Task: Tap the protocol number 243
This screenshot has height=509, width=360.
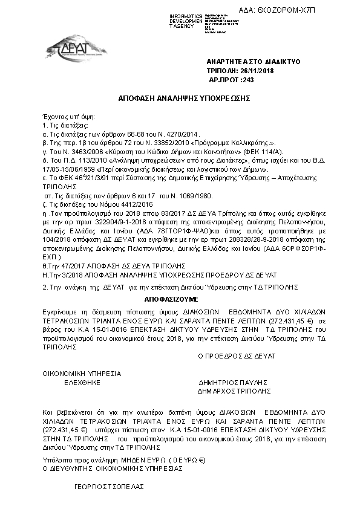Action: (x=247, y=79)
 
